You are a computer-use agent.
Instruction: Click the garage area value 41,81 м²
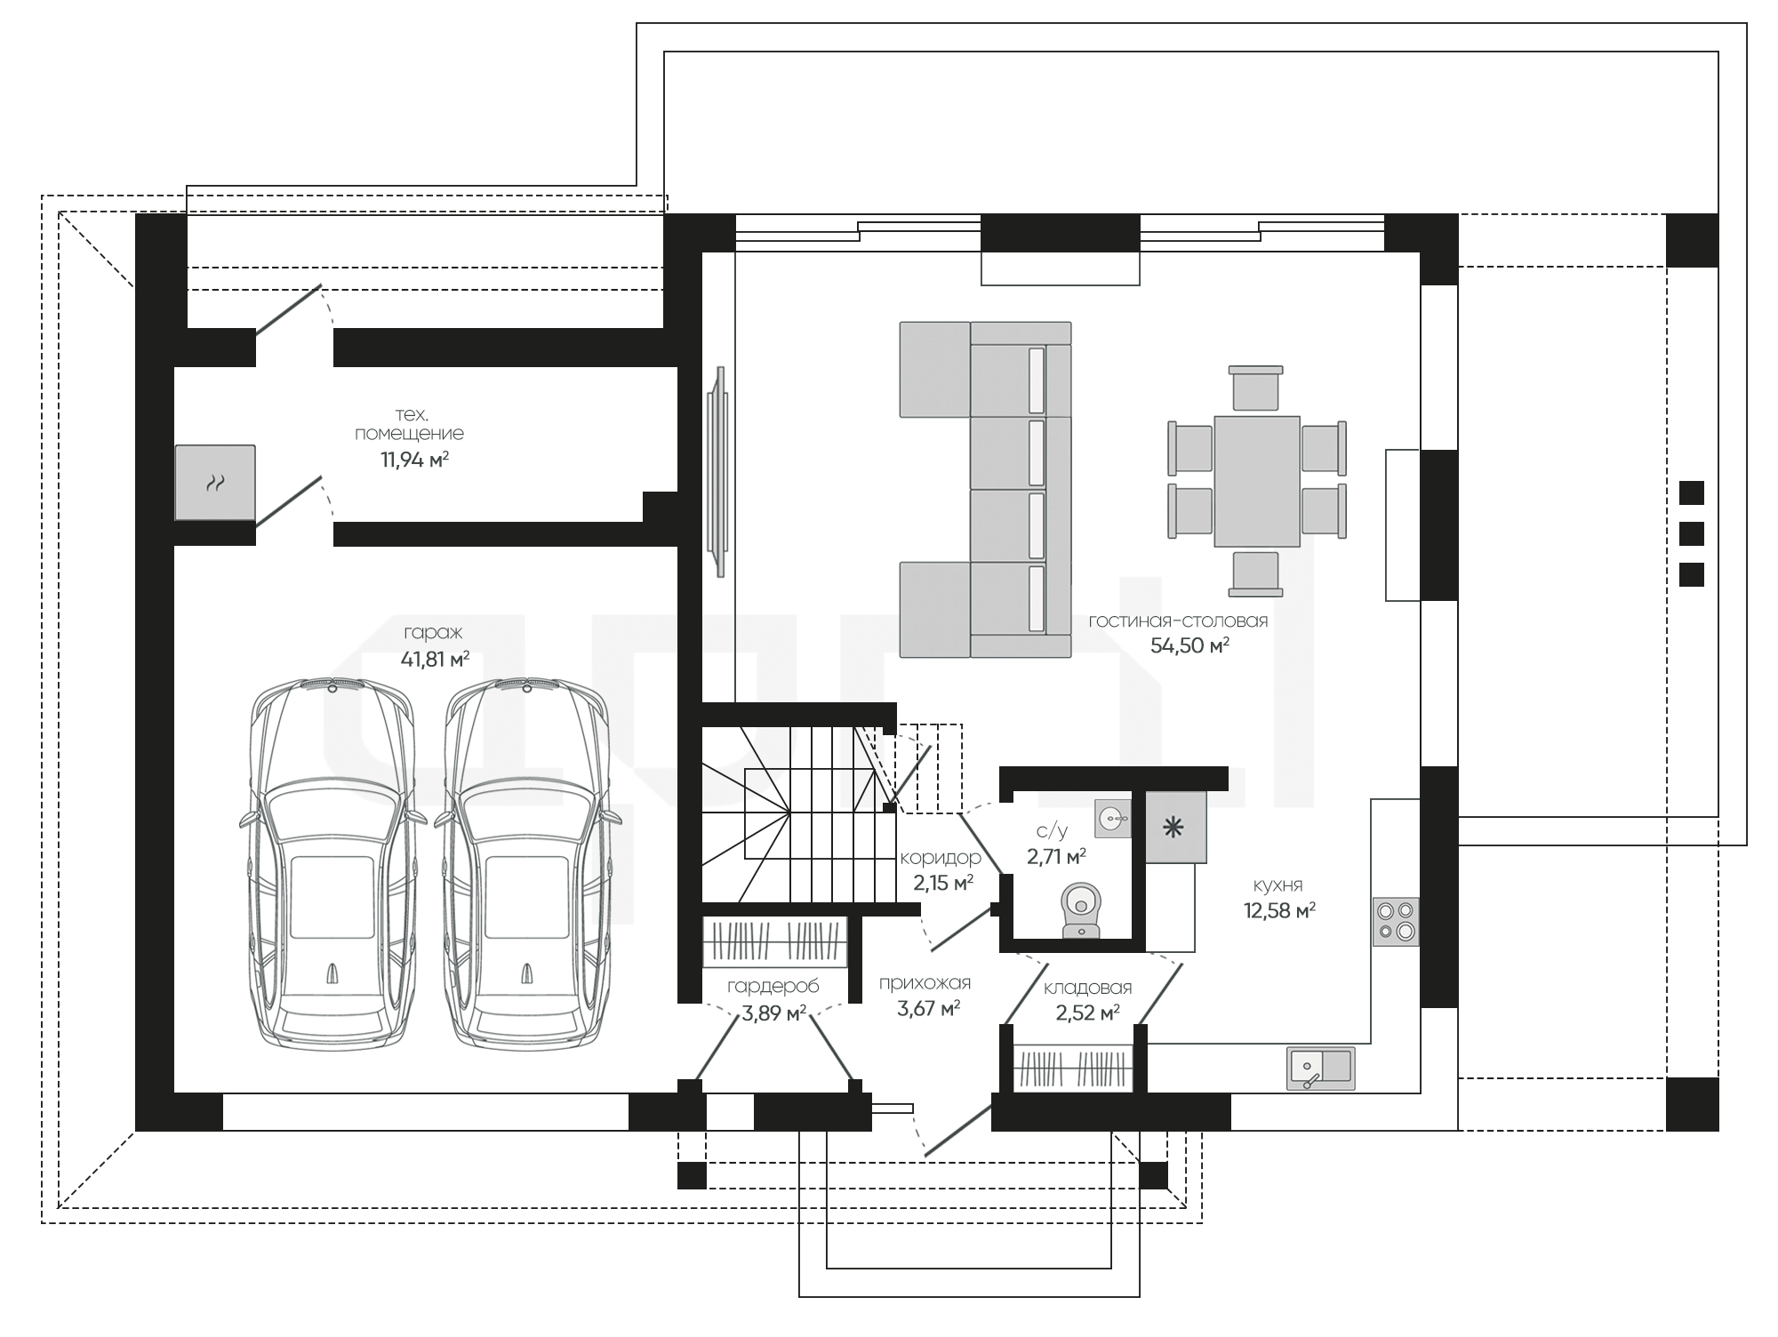pos(436,659)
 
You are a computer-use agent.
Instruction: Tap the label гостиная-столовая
pos(1178,621)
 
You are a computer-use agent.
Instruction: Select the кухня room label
pos(1277,885)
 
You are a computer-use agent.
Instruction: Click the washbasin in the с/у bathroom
pos(1113,817)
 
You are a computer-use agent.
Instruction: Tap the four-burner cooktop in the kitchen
pos(1397,922)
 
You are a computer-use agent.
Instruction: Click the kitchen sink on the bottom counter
pos(1321,1069)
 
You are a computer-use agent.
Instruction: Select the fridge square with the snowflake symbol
pos(1175,828)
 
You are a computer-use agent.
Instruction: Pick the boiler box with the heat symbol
pos(215,483)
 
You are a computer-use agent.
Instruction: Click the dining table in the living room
pos(1257,481)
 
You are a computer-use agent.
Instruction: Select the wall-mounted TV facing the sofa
pos(718,471)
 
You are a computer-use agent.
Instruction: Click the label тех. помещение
pos(410,424)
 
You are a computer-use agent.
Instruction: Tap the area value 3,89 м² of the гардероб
pos(773,1013)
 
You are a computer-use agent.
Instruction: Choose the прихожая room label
pos(925,983)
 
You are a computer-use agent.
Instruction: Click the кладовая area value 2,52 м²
pos(1086,1013)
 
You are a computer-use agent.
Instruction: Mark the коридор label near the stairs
pos(941,858)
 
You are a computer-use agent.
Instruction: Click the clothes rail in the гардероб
pos(773,942)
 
